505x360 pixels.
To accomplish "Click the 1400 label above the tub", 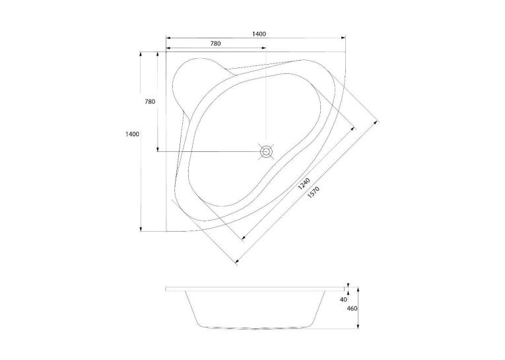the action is pyautogui.click(x=259, y=34).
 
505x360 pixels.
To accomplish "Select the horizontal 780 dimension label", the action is pyautogui.click(x=215, y=44).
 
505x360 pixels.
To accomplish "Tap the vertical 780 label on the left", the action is pyautogui.click(x=150, y=102).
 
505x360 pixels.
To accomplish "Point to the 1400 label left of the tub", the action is pyautogui.click(x=133, y=133).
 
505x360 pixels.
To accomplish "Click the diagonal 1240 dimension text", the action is pyautogui.click(x=304, y=183).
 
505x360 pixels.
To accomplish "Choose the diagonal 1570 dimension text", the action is pyautogui.click(x=313, y=192).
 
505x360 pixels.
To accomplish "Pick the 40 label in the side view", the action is pyautogui.click(x=343, y=300).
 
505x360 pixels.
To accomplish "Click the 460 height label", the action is pyautogui.click(x=352, y=308).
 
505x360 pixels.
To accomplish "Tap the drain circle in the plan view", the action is pyautogui.click(x=266, y=151).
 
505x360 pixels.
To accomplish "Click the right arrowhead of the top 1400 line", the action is pyautogui.click(x=343, y=38).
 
